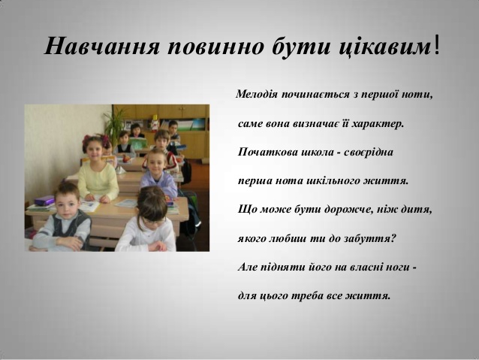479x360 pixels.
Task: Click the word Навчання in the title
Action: click(101, 46)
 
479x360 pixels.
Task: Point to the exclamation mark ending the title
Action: click(436, 46)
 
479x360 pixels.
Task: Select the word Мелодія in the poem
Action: click(257, 94)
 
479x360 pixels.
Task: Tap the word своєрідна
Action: click(369, 152)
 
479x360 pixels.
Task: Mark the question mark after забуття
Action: click(393, 238)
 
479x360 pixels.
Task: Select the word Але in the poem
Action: click(247, 267)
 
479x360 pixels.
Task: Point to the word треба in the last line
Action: click(307, 296)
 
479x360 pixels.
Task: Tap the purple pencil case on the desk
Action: click(44, 201)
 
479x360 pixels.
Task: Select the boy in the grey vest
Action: click(62, 218)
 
